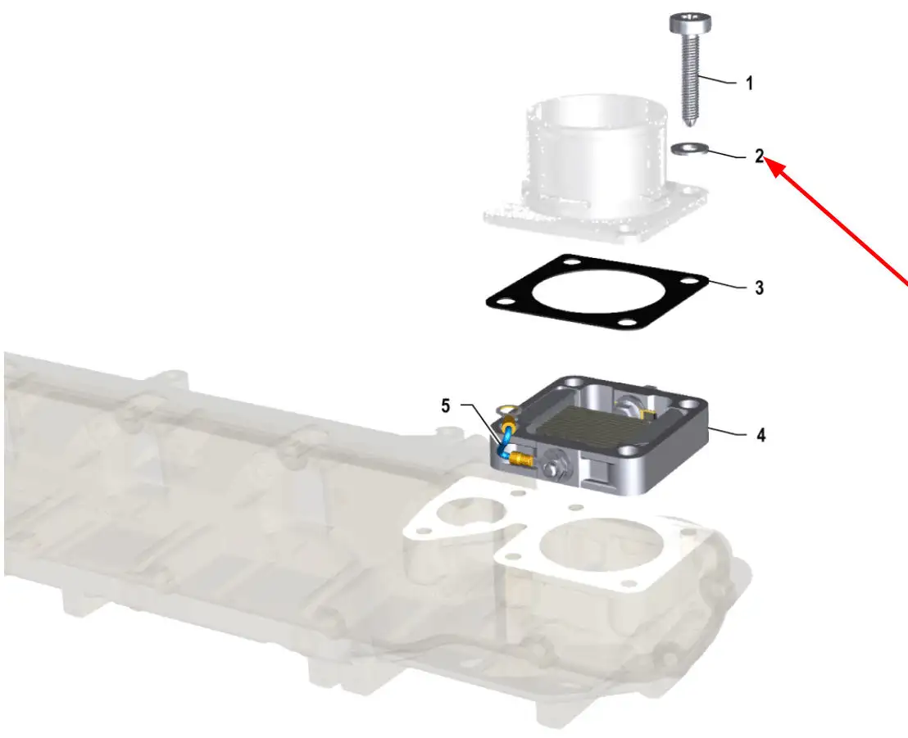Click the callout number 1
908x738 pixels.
tap(750, 84)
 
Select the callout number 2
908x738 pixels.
tap(759, 156)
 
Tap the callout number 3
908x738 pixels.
tap(759, 288)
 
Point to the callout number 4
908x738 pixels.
tap(760, 435)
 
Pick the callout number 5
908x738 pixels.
tap(445, 405)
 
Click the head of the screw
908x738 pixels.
tap(690, 25)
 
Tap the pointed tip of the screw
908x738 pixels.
tap(691, 125)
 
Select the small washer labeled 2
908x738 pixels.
tap(688, 149)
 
